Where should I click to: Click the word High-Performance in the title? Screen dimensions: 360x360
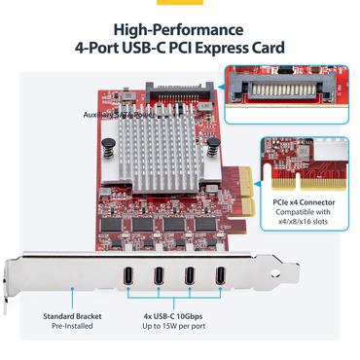(x=179, y=29)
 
